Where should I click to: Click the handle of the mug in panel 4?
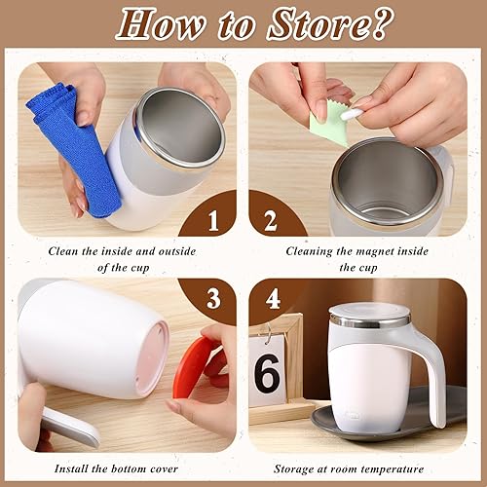tap(429, 375)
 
